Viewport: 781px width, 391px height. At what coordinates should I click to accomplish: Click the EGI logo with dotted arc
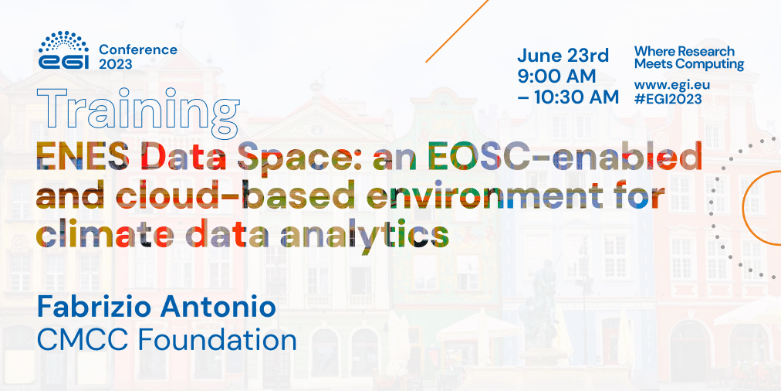[64, 51]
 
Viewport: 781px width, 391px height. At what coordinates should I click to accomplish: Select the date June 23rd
[563, 56]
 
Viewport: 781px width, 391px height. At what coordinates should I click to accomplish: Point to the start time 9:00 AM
[556, 76]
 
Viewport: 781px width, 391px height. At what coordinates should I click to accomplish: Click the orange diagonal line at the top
[457, 30]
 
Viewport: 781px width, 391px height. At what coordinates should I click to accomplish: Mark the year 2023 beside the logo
[115, 65]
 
